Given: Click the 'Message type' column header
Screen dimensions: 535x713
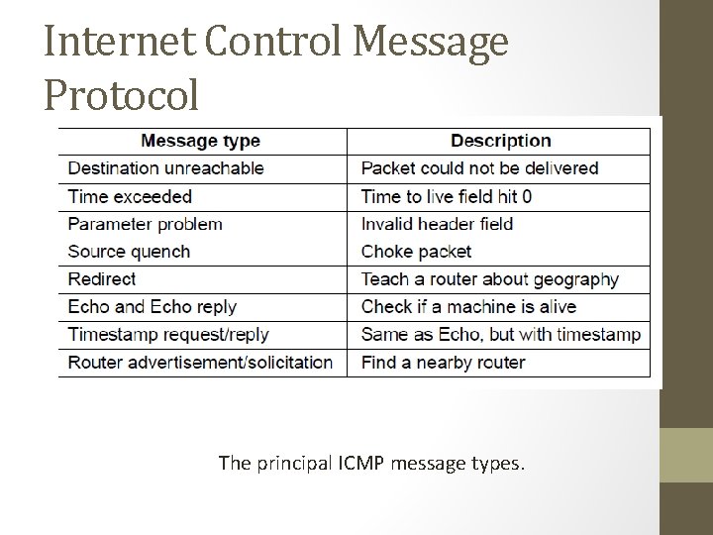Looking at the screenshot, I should (x=201, y=141).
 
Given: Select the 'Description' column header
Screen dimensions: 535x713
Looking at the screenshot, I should (x=500, y=141).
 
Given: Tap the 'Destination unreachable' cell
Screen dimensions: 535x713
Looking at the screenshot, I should (x=165, y=168).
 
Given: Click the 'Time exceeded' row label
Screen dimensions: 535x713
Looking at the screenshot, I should (x=130, y=196).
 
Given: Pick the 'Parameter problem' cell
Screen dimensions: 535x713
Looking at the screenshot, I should (x=145, y=224).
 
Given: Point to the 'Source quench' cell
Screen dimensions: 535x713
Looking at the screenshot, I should (x=129, y=252).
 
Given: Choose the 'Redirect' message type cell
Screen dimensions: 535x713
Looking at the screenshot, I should (x=101, y=279).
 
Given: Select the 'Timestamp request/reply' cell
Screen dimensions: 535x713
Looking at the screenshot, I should (x=168, y=335).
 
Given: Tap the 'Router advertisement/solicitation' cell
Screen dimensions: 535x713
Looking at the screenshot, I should (x=200, y=363).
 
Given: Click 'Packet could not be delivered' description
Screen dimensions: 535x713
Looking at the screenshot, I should (x=479, y=168).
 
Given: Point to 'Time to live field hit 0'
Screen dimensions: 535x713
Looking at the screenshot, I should (x=447, y=196).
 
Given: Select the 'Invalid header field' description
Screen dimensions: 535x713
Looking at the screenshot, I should (x=437, y=224).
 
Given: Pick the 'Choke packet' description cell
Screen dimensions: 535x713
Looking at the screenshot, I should (x=416, y=252).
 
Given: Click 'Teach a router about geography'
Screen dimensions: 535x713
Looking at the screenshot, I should (x=489, y=279).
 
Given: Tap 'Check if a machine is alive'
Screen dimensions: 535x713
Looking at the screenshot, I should (x=468, y=307).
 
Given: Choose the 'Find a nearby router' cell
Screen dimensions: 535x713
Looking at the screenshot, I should (x=443, y=363).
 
